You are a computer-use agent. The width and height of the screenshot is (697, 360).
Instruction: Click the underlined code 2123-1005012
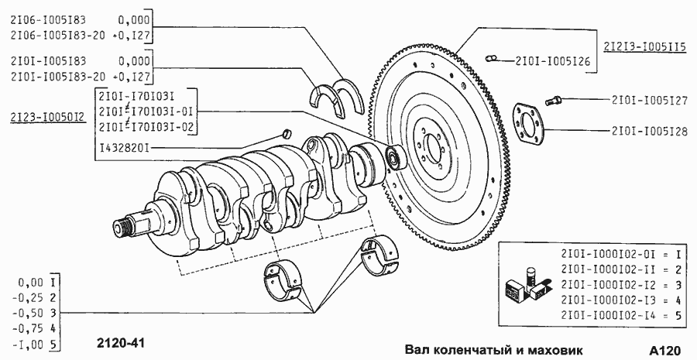point(48,118)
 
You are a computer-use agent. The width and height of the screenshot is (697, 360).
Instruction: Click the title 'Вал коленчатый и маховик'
point(492,348)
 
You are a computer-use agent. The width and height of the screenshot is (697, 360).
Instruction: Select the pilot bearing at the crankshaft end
point(396,158)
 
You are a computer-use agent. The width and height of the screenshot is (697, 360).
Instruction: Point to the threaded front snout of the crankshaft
point(122,227)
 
